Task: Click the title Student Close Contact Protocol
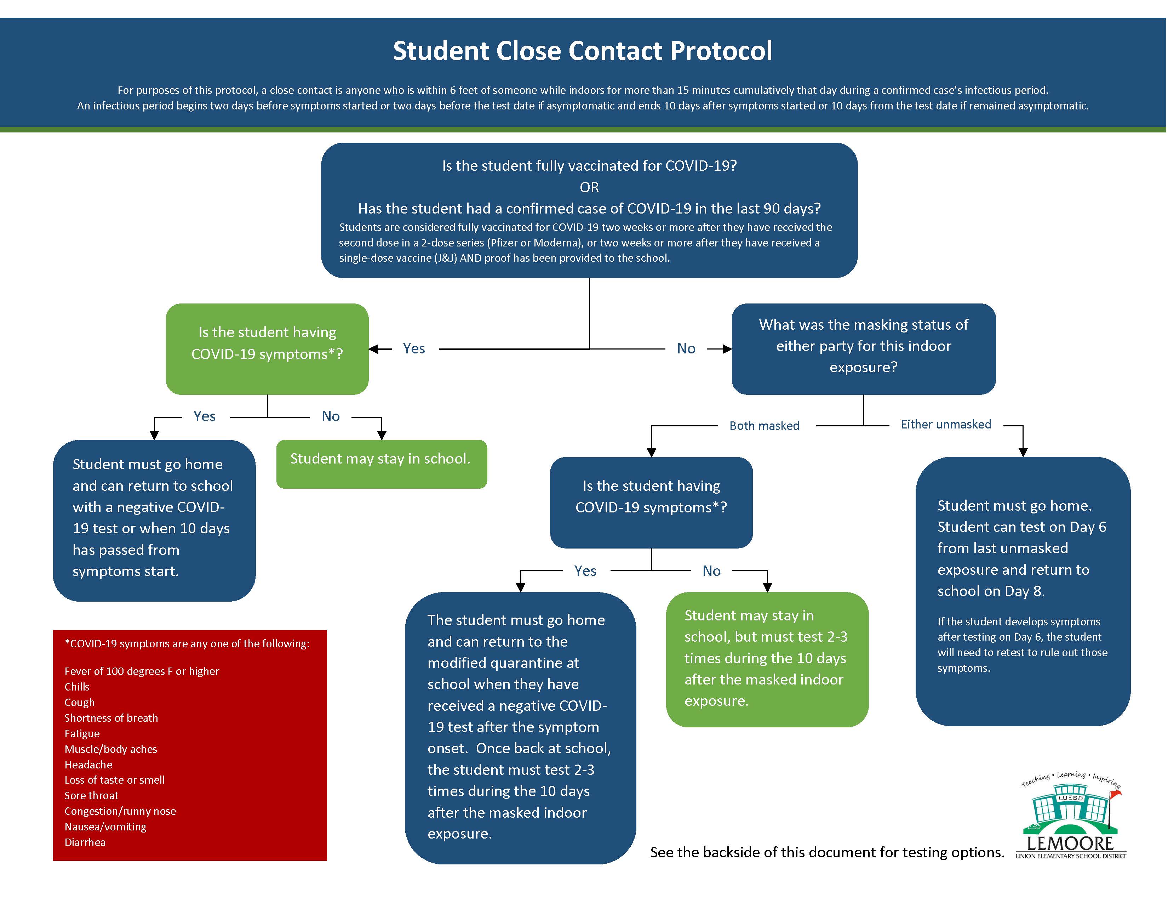point(582,51)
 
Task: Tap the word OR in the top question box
point(589,187)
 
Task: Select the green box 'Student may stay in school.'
point(381,464)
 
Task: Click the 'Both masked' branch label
point(764,426)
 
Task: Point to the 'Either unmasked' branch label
point(945,424)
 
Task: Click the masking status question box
point(863,349)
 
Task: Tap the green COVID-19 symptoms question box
point(267,349)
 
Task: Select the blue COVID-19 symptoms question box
point(651,502)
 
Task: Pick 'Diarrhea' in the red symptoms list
point(85,842)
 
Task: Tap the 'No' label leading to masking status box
point(686,349)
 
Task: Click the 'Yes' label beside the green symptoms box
point(414,349)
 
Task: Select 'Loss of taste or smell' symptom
point(114,780)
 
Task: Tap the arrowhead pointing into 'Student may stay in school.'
point(381,436)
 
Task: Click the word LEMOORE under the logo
point(1071,844)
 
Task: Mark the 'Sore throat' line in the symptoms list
point(91,795)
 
